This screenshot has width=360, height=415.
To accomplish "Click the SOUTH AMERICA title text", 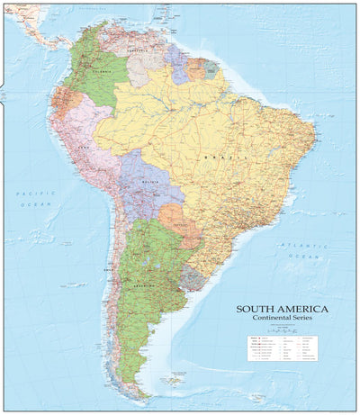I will tap(283, 309).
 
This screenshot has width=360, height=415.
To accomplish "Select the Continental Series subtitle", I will tap(283, 319).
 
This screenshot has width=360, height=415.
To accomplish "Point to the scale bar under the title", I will tap(283, 329).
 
